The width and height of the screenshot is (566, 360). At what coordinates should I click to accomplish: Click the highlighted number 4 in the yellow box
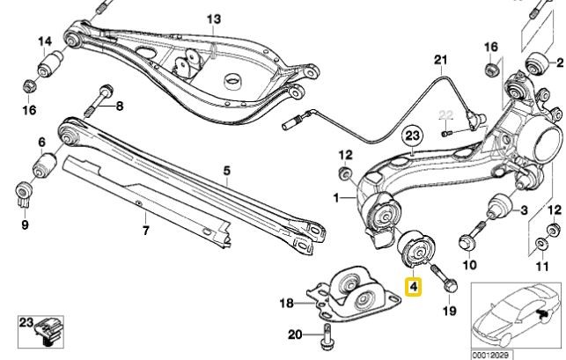point(413,285)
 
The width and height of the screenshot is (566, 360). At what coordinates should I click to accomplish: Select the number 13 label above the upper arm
point(215,18)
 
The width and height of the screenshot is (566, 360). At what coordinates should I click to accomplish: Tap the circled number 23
point(413,136)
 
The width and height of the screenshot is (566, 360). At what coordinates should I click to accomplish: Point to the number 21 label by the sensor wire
point(440,60)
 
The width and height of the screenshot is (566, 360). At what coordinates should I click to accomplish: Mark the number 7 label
point(146,231)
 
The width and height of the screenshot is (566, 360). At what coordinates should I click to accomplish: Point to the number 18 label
point(284,303)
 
